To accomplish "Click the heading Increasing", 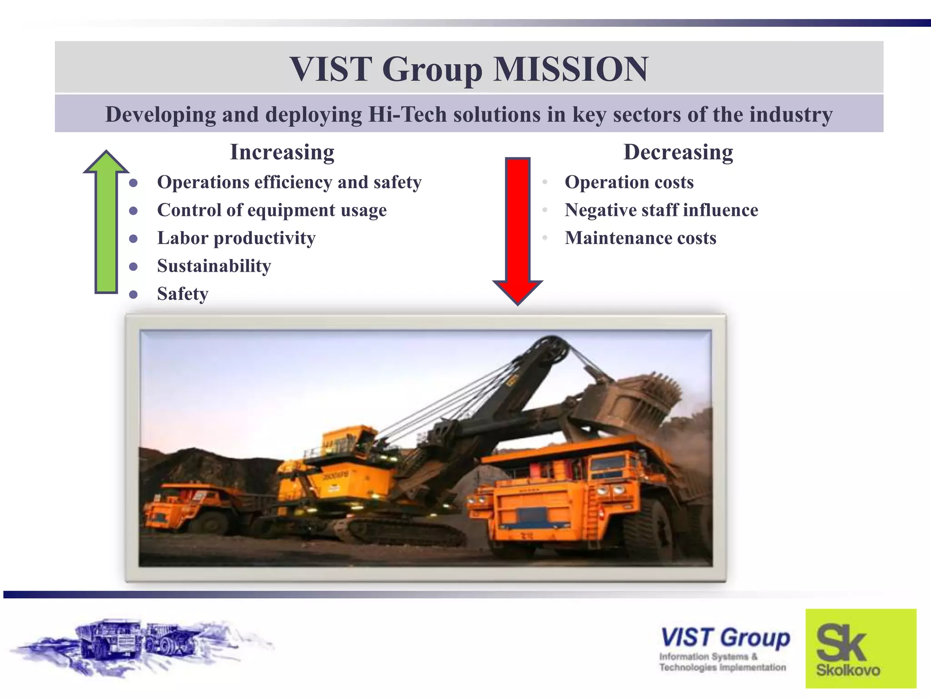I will tap(282, 152).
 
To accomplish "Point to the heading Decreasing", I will tap(678, 152).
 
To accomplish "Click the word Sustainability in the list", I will tap(214, 266).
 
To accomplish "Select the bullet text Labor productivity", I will tap(236, 238).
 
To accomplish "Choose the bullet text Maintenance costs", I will tap(640, 238).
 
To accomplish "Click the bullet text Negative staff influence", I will tap(661, 210).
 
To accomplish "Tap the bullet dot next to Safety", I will tap(133, 294).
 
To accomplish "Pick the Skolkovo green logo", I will tap(861, 648).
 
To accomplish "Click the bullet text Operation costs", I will tap(629, 183).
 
